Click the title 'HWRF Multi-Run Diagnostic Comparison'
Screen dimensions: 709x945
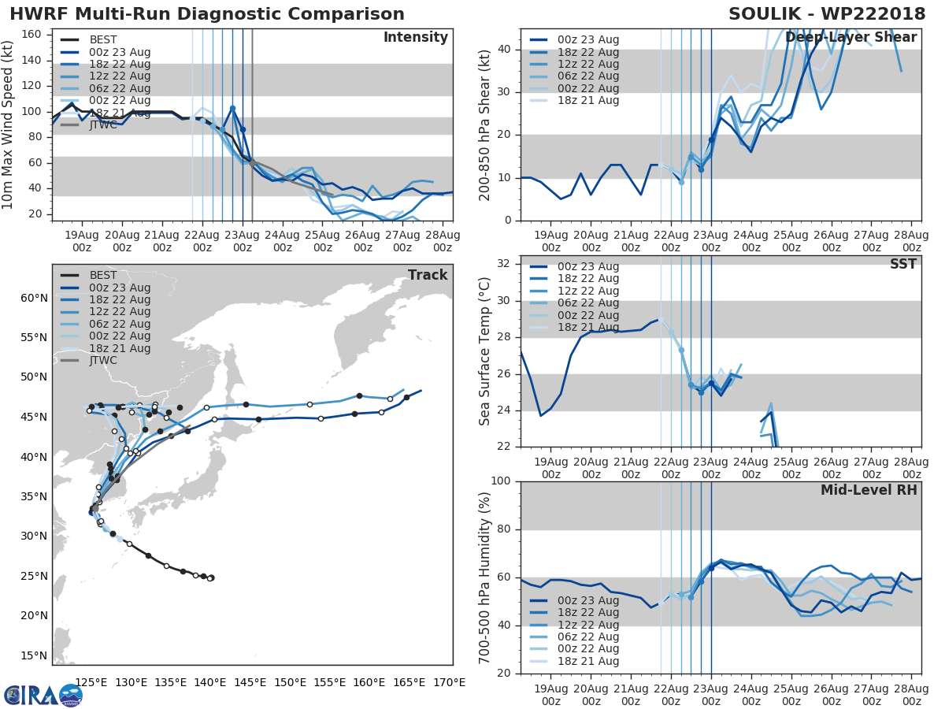[x=207, y=14]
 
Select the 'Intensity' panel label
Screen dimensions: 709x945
[x=415, y=38]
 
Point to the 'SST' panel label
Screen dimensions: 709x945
[x=903, y=264]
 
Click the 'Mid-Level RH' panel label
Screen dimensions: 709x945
[x=869, y=490]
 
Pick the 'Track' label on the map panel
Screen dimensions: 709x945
[x=428, y=275]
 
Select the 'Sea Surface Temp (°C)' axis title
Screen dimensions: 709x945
[x=485, y=351]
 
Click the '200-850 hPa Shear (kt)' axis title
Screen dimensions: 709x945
[x=485, y=124]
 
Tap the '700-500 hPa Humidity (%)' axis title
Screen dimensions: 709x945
[x=485, y=577]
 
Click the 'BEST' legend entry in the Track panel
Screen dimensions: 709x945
[x=103, y=275]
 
